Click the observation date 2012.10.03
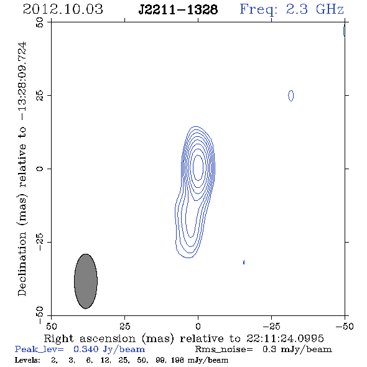click(63, 9)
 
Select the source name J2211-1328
click(178, 10)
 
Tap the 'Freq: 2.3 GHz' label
click(292, 9)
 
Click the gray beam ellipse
click(86, 281)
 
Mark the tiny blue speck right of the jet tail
click(244, 262)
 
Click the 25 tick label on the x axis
click(125, 326)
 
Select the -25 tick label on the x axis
click(271, 326)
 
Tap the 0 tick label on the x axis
click(198, 326)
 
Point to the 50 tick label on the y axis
click(40, 22)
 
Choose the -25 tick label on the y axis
click(40, 242)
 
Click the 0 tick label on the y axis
click(40, 169)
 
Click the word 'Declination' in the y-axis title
click(22, 264)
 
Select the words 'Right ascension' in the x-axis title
click(90, 338)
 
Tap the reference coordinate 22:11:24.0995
click(285, 338)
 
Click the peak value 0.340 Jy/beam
click(109, 350)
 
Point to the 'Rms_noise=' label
click(224, 350)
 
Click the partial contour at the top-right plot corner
click(343, 30)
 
